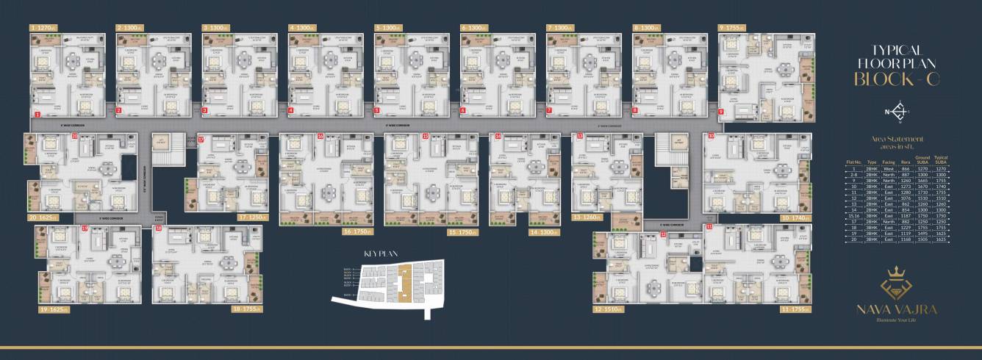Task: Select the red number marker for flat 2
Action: click(x=119, y=111)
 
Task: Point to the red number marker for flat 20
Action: click(x=75, y=137)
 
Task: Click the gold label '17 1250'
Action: click(x=251, y=217)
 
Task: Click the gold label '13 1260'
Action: click(x=588, y=217)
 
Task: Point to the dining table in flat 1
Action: click(x=74, y=62)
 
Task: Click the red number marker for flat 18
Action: click(x=159, y=229)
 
